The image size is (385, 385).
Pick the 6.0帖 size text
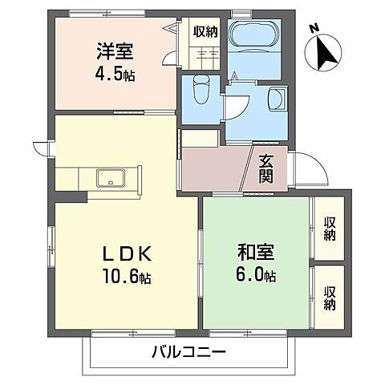tap(257, 275)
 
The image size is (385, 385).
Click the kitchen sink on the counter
tap(107, 177)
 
